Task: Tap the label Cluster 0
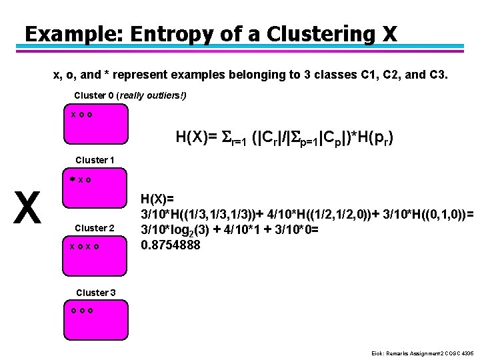tap(94, 95)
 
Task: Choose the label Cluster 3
tap(96, 293)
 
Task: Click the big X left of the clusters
tap(27, 208)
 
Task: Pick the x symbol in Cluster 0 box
tap(73, 115)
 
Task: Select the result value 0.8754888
tap(171, 245)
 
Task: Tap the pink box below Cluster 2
tap(94, 255)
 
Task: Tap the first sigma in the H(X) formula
tap(226, 139)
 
